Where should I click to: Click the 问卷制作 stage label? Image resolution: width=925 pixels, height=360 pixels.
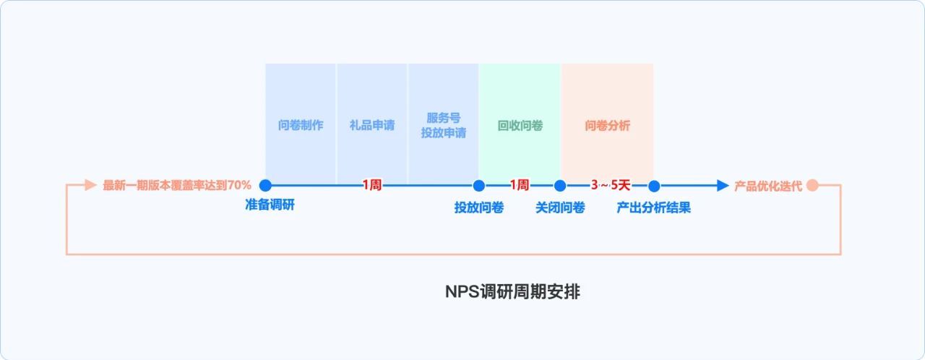pyautogui.click(x=301, y=125)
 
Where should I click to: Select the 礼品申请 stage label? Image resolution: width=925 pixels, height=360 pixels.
pyautogui.click(x=372, y=125)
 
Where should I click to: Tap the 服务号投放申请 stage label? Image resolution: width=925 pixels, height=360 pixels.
pyautogui.click(x=444, y=125)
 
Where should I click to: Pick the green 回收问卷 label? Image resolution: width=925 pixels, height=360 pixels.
pyautogui.click(x=520, y=125)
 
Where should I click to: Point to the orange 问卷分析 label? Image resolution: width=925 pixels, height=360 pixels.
pyautogui.click(x=608, y=125)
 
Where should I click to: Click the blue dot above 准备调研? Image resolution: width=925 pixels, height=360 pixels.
pyautogui.click(x=265, y=185)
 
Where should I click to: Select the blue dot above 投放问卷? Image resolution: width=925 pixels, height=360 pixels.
pyautogui.click(x=478, y=185)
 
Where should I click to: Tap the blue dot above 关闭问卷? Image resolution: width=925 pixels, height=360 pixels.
pyautogui.click(x=560, y=185)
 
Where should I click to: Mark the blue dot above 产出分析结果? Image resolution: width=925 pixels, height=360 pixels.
pyautogui.click(x=654, y=185)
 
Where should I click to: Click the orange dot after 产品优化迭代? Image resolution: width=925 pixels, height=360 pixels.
pyautogui.click(x=812, y=185)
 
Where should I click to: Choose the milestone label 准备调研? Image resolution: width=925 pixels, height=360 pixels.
pyautogui.click(x=270, y=205)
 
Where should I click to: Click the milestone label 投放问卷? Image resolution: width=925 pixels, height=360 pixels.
pyautogui.click(x=478, y=208)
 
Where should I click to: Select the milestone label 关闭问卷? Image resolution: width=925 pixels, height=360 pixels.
pyautogui.click(x=560, y=208)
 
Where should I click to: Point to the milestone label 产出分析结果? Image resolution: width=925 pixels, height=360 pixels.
pyautogui.click(x=654, y=208)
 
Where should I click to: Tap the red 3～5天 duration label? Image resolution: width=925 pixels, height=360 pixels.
pyautogui.click(x=611, y=185)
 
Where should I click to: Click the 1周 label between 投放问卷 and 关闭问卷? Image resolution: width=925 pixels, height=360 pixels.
pyautogui.click(x=520, y=185)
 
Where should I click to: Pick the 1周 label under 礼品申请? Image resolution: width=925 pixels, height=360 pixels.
pyautogui.click(x=372, y=185)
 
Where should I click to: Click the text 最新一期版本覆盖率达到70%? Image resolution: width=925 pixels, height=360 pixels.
pyautogui.click(x=177, y=185)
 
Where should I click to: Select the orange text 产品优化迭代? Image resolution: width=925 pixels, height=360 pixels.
pyautogui.click(x=768, y=186)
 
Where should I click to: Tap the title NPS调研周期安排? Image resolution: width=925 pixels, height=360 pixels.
pyautogui.click(x=512, y=292)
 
